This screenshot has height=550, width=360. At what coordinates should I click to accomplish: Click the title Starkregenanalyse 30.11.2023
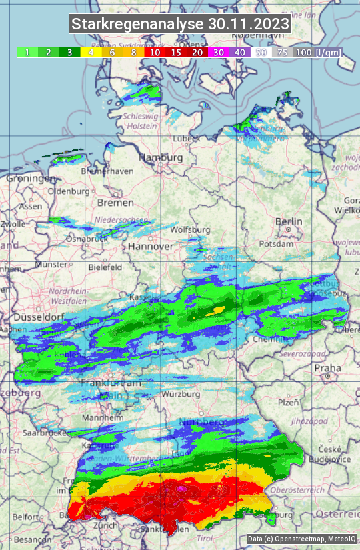(180, 25)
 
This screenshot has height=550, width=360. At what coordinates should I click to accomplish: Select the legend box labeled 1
(27, 52)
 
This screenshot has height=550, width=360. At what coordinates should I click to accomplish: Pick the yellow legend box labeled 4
(90, 52)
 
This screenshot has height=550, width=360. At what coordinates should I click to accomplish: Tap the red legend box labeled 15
(176, 52)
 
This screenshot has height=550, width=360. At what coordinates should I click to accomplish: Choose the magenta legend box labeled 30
(219, 52)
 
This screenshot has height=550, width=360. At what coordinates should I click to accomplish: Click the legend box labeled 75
(282, 52)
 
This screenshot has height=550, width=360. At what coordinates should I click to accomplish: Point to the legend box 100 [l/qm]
(316, 52)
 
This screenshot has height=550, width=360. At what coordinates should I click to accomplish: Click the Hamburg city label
(161, 158)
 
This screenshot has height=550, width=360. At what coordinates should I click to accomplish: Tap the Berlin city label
(289, 222)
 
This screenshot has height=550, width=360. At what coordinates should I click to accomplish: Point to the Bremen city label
(115, 202)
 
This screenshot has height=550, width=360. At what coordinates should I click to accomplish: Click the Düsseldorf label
(33, 316)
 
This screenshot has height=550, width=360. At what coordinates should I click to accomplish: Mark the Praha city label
(327, 368)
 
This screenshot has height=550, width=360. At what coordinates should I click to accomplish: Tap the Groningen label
(31, 179)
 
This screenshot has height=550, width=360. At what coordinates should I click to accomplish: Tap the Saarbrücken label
(27, 433)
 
